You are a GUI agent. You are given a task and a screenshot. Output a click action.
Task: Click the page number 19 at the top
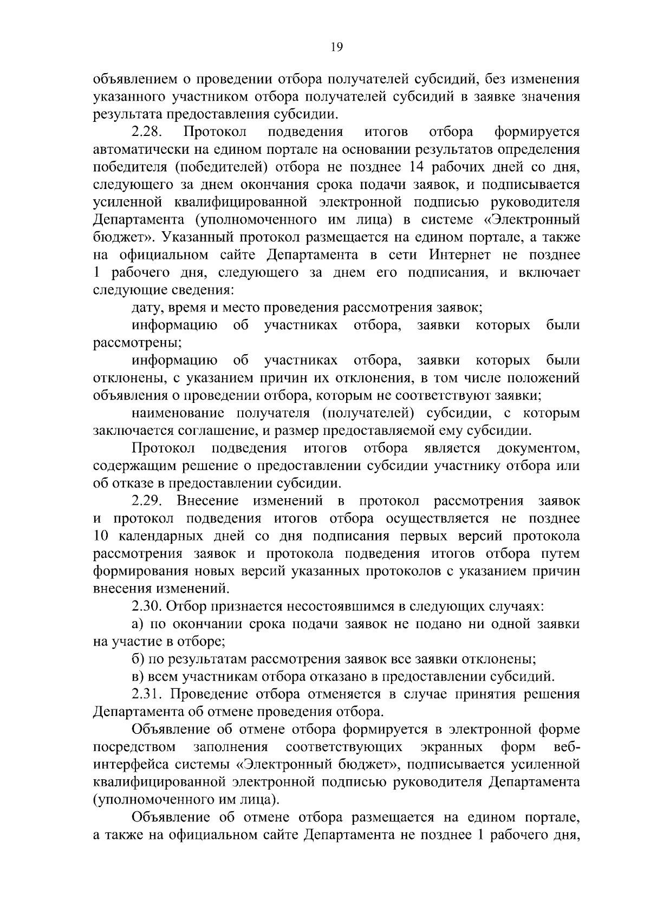pos(336,47)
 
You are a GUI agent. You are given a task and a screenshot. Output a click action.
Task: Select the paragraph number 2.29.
pos(148,501)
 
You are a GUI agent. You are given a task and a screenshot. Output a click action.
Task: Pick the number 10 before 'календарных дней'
pos(103,536)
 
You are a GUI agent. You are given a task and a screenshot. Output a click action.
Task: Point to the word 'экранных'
pos(452,748)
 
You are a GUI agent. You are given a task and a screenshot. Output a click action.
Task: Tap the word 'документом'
pos(537,449)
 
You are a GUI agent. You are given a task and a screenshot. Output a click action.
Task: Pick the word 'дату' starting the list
pos(146,308)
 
